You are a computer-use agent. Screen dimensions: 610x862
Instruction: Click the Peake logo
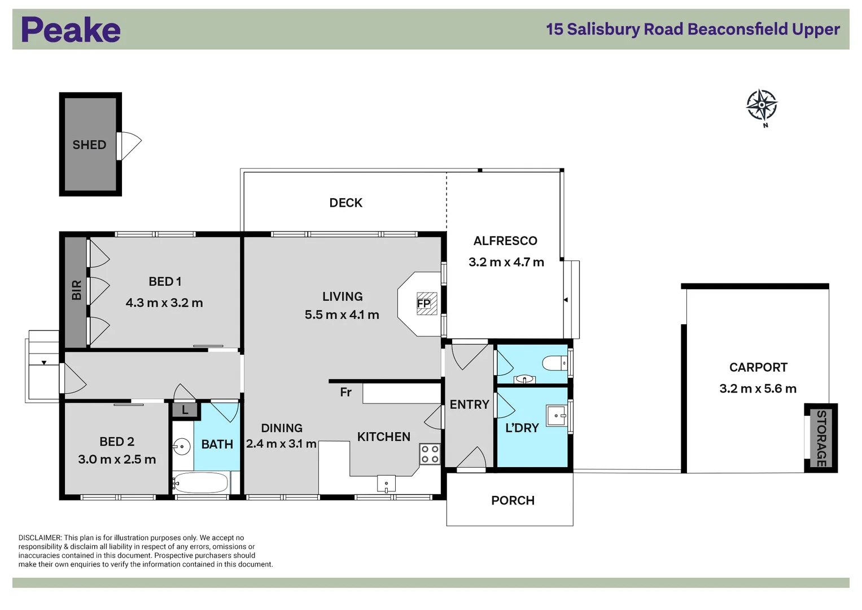(71, 30)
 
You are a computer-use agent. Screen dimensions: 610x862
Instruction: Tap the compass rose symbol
(762, 105)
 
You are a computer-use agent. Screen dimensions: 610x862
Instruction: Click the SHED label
(89, 145)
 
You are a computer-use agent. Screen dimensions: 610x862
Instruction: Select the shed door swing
(129, 146)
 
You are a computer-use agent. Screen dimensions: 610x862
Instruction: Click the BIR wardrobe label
(77, 290)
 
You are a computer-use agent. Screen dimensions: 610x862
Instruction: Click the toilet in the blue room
(554, 361)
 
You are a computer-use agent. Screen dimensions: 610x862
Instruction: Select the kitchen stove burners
(430, 454)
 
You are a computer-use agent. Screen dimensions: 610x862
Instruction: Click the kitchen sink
(386, 484)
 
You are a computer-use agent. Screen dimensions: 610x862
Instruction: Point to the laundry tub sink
(556, 416)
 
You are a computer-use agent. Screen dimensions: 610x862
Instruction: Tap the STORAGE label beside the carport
(821, 438)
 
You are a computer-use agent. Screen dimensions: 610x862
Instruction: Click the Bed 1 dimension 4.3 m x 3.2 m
(164, 303)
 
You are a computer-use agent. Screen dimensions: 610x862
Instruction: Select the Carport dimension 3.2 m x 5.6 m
(758, 389)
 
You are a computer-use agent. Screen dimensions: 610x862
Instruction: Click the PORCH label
(513, 500)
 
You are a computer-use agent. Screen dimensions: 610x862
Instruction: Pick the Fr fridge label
(345, 392)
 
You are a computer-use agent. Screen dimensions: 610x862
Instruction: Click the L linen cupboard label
(185, 411)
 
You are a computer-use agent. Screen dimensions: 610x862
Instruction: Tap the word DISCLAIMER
(40, 538)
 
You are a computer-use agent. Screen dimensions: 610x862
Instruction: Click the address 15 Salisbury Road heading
(693, 29)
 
